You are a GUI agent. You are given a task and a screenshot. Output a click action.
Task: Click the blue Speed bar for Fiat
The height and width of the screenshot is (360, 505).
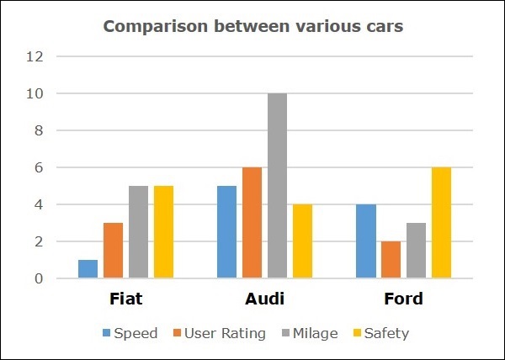88,269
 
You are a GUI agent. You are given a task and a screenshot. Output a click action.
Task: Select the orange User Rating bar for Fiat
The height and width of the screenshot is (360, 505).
114,251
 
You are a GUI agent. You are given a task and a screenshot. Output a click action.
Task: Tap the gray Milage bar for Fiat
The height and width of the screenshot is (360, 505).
139,232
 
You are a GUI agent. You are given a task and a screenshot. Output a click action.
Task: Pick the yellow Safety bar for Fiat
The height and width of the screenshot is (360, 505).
163,232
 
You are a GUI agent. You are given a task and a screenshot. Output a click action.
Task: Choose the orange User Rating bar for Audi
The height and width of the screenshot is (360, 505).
252,223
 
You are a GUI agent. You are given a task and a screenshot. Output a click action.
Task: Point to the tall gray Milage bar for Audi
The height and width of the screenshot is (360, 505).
277,186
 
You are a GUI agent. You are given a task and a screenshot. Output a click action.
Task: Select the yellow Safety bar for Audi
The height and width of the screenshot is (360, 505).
302,241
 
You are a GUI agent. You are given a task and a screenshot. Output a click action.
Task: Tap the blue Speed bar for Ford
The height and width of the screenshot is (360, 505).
366,241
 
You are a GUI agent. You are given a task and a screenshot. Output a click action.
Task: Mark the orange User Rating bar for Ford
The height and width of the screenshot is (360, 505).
391,260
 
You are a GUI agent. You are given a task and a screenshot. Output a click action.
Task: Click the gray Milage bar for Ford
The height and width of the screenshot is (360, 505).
416,251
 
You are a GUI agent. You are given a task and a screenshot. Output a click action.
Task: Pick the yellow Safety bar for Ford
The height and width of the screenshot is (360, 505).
441,223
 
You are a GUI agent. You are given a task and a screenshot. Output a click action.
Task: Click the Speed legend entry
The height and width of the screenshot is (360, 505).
130,333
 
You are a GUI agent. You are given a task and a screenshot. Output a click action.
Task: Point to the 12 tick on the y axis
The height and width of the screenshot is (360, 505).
35,57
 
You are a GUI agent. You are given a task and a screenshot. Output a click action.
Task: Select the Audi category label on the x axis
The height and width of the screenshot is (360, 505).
265,299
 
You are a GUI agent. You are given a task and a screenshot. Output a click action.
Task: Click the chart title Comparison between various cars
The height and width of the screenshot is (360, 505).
252,26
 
